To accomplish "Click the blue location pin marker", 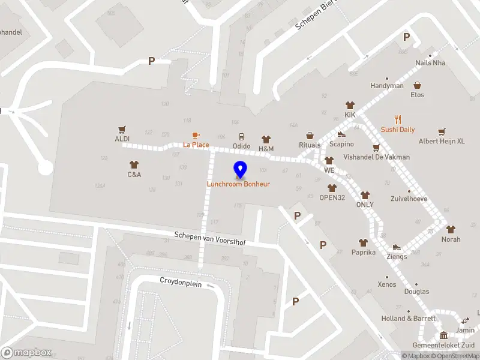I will (240, 169).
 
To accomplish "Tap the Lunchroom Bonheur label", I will (238, 184).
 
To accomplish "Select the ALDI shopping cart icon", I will (122, 129).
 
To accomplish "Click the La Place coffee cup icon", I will (196, 136).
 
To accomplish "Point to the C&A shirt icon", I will (134, 164).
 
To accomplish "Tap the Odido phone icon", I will (242, 137).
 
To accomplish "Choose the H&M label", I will (266, 149).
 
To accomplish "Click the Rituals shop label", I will (310, 145).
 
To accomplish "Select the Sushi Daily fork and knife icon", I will (397, 120).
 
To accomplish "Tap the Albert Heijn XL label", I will (441, 141).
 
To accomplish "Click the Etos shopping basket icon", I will (417, 85).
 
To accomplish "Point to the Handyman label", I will (386, 86).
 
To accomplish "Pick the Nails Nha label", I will (431, 63).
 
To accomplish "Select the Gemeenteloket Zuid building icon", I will (443, 335).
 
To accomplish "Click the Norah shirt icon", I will (451, 229).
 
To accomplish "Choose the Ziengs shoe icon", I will (397, 247).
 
